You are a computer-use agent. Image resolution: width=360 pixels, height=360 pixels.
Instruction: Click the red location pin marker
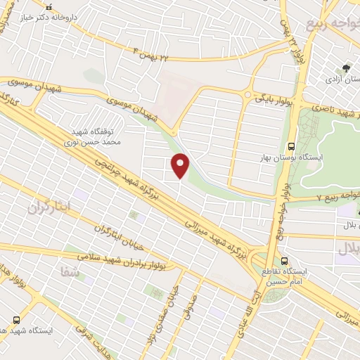point(181,165)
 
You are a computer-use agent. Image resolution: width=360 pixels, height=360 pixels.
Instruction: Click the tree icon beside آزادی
point(346,69)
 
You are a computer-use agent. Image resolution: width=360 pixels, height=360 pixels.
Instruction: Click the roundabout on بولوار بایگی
point(247,95)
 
